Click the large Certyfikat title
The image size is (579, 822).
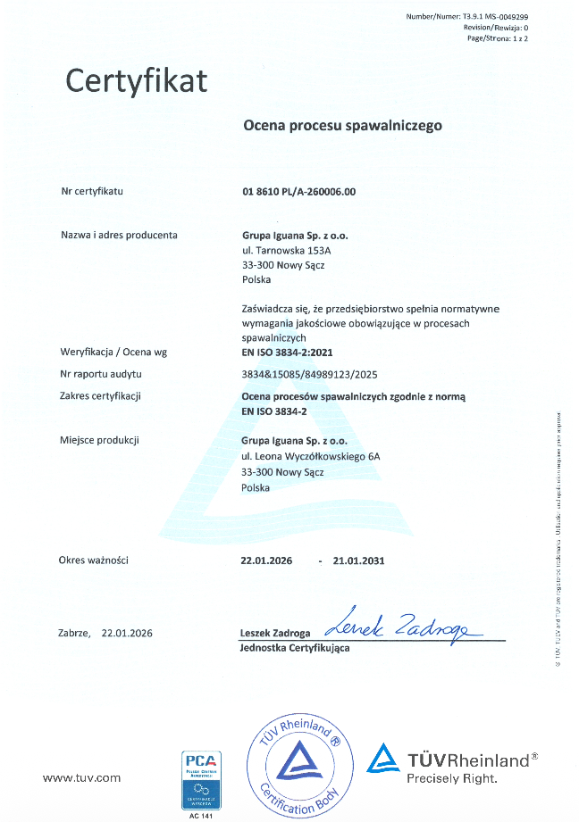tap(137, 81)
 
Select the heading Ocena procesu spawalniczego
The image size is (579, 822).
tap(342, 126)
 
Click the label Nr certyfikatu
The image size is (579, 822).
tap(91, 191)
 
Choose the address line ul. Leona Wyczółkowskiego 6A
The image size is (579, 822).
tap(311, 456)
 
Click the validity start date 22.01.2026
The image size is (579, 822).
tap(266, 560)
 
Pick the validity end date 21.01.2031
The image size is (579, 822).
tap(358, 560)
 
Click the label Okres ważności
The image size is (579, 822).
tap(94, 560)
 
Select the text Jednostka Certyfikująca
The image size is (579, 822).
tap(295, 648)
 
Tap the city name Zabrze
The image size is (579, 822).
tap(74, 633)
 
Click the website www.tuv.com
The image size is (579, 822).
tap(81, 778)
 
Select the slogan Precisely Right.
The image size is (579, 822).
tap(451, 778)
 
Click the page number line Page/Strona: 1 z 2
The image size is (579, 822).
tap(491, 38)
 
